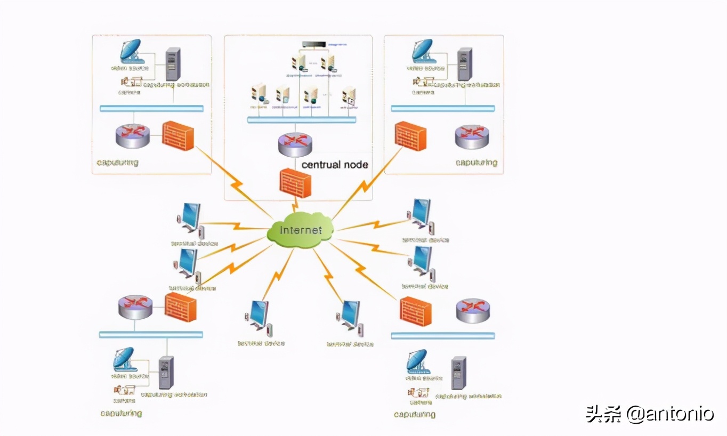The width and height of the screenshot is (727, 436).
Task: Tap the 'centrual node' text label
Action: click(x=335, y=165)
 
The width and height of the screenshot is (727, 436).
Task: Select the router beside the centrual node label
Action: click(x=295, y=144)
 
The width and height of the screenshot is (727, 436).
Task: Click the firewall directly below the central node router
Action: click(x=295, y=183)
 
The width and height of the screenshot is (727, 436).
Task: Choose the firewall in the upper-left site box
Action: click(x=177, y=135)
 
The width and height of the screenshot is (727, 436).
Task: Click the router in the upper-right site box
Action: click(x=472, y=136)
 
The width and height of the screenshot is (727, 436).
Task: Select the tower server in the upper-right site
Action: click(x=464, y=64)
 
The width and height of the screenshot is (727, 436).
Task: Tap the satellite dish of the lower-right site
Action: click(x=416, y=361)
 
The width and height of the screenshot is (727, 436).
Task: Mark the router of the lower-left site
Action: click(x=135, y=308)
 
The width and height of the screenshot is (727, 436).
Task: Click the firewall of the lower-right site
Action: click(x=415, y=311)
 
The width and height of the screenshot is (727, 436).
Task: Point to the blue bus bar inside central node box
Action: click(x=302, y=120)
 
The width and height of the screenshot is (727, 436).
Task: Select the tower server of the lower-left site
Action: click(x=166, y=372)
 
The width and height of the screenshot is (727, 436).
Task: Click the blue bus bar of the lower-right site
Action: click(x=443, y=336)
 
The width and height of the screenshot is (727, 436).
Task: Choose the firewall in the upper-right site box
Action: click(x=410, y=136)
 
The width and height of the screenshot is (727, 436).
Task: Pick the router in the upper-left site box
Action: click(x=133, y=136)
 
